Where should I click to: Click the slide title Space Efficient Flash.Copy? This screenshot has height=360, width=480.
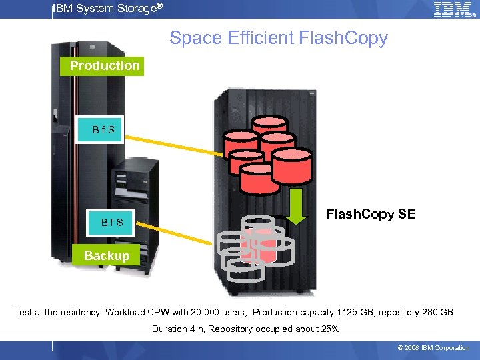(278, 38)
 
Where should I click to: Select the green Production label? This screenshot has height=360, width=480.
(105, 66)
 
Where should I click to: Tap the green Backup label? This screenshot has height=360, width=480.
(107, 256)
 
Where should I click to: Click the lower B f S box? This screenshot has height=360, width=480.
(111, 222)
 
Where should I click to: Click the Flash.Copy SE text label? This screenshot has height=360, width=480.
(371, 214)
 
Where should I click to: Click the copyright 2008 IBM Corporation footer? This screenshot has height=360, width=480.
(433, 348)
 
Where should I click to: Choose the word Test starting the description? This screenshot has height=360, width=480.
(24, 312)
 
